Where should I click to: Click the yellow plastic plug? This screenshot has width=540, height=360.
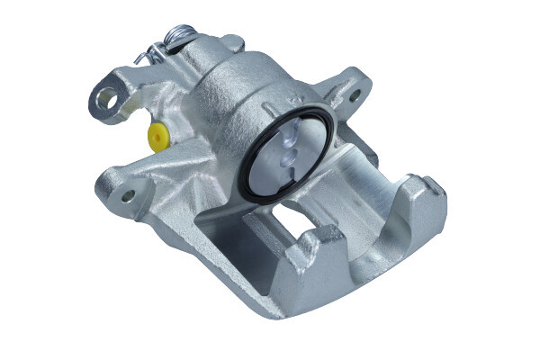tap(159, 138)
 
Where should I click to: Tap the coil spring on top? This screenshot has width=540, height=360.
tap(180, 35)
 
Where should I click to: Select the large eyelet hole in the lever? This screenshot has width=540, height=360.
tap(106, 100)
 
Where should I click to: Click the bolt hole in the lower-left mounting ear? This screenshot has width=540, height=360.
tap(127, 193)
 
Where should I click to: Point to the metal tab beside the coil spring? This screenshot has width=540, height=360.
tap(229, 42)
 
